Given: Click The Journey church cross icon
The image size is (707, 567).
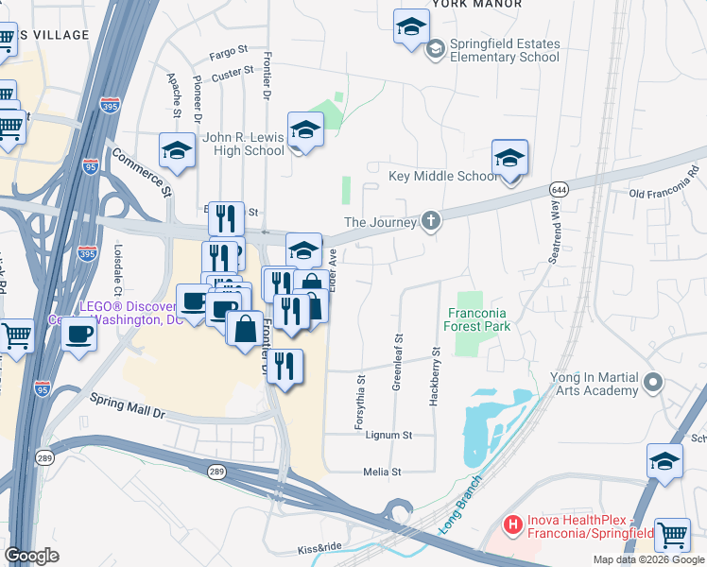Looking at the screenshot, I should (x=432, y=222).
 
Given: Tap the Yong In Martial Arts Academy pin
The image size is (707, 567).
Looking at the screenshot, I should (x=653, y=384).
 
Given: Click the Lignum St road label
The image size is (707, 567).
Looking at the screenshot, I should (x=396, y=436).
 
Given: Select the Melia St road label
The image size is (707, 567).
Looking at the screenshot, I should (x=383, y=472).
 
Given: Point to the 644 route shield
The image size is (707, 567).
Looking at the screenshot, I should (x=560, y=189).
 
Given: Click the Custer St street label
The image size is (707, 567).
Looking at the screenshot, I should (x=236, y=71).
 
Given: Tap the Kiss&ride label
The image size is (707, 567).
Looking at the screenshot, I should (x=319, y=548).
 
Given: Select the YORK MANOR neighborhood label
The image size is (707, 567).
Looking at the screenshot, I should (x=476, y=4).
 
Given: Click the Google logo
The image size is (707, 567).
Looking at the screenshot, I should (x=31, y=556).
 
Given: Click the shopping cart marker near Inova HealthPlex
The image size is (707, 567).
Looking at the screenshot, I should (x=672, y=536).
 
